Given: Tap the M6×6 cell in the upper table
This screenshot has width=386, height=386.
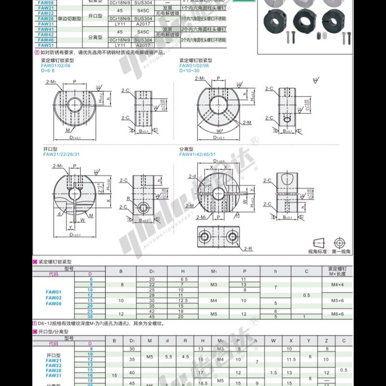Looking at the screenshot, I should (337, 314).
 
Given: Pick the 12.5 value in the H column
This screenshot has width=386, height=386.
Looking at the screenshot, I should (183, 301).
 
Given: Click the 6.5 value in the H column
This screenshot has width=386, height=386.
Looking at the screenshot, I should (183, 279).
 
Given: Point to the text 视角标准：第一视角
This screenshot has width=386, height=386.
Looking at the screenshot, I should (330, 251).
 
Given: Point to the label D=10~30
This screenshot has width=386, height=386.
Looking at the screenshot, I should (189, 70).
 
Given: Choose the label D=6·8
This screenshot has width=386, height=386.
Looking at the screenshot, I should (48, 70).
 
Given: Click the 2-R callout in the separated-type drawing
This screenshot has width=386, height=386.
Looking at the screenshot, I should (248, 248).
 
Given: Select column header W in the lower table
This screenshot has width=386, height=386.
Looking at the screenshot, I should (273, 341).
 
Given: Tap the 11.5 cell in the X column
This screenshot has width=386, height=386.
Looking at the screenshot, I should (290, 359).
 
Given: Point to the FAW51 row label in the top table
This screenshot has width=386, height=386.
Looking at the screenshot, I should (46, 45).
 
